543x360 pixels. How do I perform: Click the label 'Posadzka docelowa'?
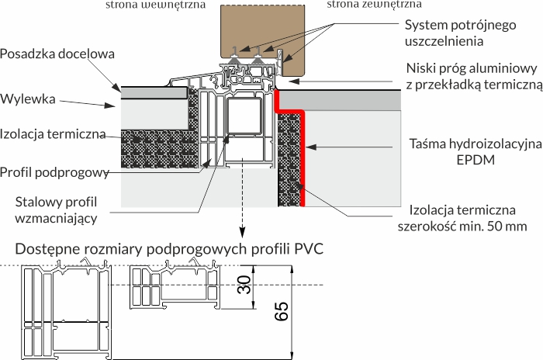point(58,54)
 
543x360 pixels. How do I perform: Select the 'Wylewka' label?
point(29,99)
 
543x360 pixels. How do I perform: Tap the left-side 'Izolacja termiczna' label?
point(53,133)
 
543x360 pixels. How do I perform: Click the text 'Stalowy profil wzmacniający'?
point(57,210)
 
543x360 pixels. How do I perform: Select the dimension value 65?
point(281,310)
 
